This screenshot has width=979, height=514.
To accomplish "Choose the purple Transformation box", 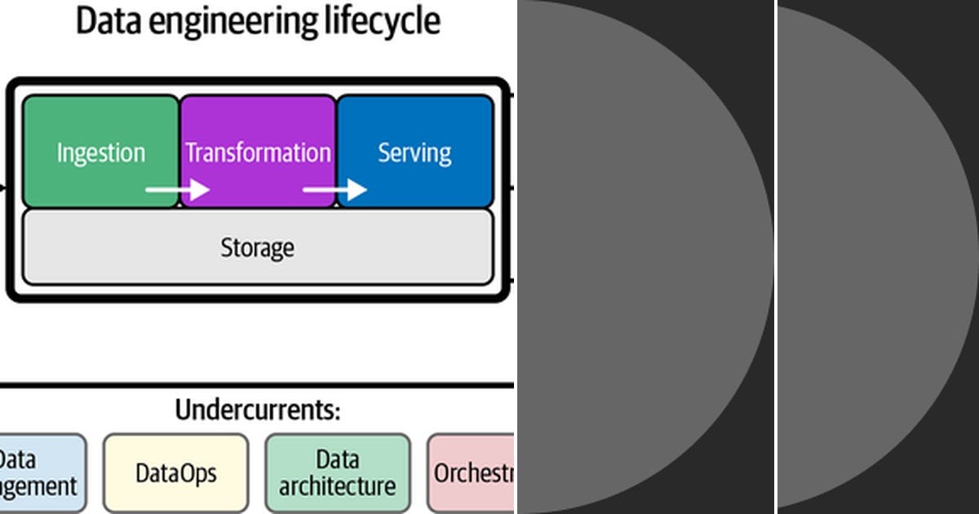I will [258, 135].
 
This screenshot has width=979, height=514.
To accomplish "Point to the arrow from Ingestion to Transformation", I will [177, 190].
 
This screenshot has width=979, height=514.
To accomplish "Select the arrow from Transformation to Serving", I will [334, 190].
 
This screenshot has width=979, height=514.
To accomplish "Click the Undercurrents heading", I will [257, 410].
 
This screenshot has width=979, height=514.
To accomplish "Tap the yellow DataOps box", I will [175, 473].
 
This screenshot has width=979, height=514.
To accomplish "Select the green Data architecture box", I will [337, 473].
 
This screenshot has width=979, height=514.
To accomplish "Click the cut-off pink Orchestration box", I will [472, 473].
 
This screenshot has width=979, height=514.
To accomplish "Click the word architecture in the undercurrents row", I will [337, 487].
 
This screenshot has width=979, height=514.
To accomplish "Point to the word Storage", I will [257, 247].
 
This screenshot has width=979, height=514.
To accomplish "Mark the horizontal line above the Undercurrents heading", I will [257, 384].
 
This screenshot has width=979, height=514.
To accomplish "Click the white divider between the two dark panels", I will [775, 257].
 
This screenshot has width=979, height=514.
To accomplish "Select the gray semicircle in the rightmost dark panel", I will [873, 257].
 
